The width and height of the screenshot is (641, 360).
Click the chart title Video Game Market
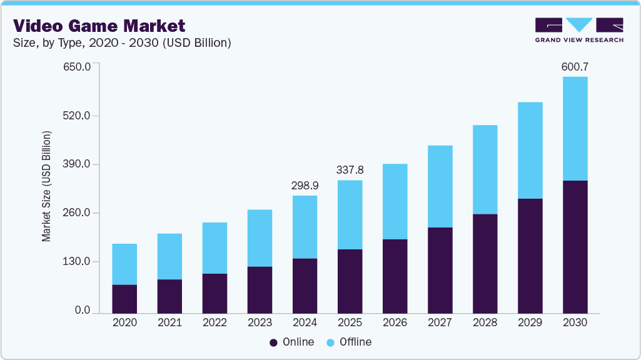point(99,26)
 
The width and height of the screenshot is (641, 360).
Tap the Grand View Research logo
point(578,29)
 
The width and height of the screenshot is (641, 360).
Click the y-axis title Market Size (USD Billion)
point(46,186)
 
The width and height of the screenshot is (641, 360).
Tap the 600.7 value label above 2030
point(575,66)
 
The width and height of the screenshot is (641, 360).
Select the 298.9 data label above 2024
point(305,186)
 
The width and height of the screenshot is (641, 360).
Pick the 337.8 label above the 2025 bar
point(350,170)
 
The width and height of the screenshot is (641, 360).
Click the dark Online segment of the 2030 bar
point(575,246)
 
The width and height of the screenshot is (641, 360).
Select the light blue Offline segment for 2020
point(124,264)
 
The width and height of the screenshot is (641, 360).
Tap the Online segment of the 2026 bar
point(395,276)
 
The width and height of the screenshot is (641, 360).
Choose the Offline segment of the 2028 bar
point(485,169)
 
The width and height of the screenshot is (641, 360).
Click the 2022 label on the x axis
point(215,323)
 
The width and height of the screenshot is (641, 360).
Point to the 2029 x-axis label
point(530,323)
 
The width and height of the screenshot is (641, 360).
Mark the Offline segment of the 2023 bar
point(260,237)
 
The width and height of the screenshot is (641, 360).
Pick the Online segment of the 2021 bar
point(169,296)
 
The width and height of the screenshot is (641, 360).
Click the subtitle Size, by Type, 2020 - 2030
point(123,43)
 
